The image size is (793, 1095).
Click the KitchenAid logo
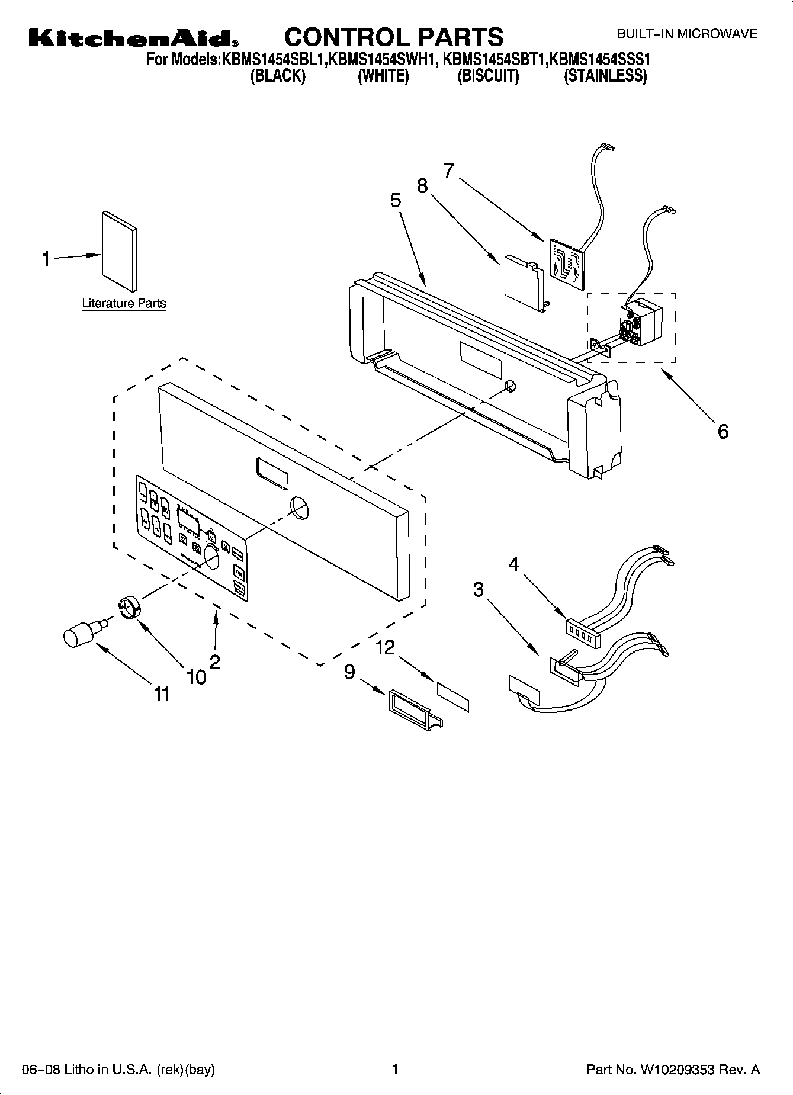click(133, 39)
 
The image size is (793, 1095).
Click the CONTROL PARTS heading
click(394, 37)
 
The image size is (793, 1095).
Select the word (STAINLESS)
click(605, 76)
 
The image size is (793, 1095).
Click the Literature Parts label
click(124, 303)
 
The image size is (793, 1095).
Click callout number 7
click(448, 171)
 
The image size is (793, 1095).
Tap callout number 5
click(396, 201)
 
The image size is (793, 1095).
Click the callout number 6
click(723, 431)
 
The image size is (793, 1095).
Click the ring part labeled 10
click(128, 608)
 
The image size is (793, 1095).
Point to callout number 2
click(215, 662)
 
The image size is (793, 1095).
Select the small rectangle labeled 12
click(453, 696)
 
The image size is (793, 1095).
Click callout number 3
click(478, 589)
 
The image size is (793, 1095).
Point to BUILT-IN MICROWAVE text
click(687, 34)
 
